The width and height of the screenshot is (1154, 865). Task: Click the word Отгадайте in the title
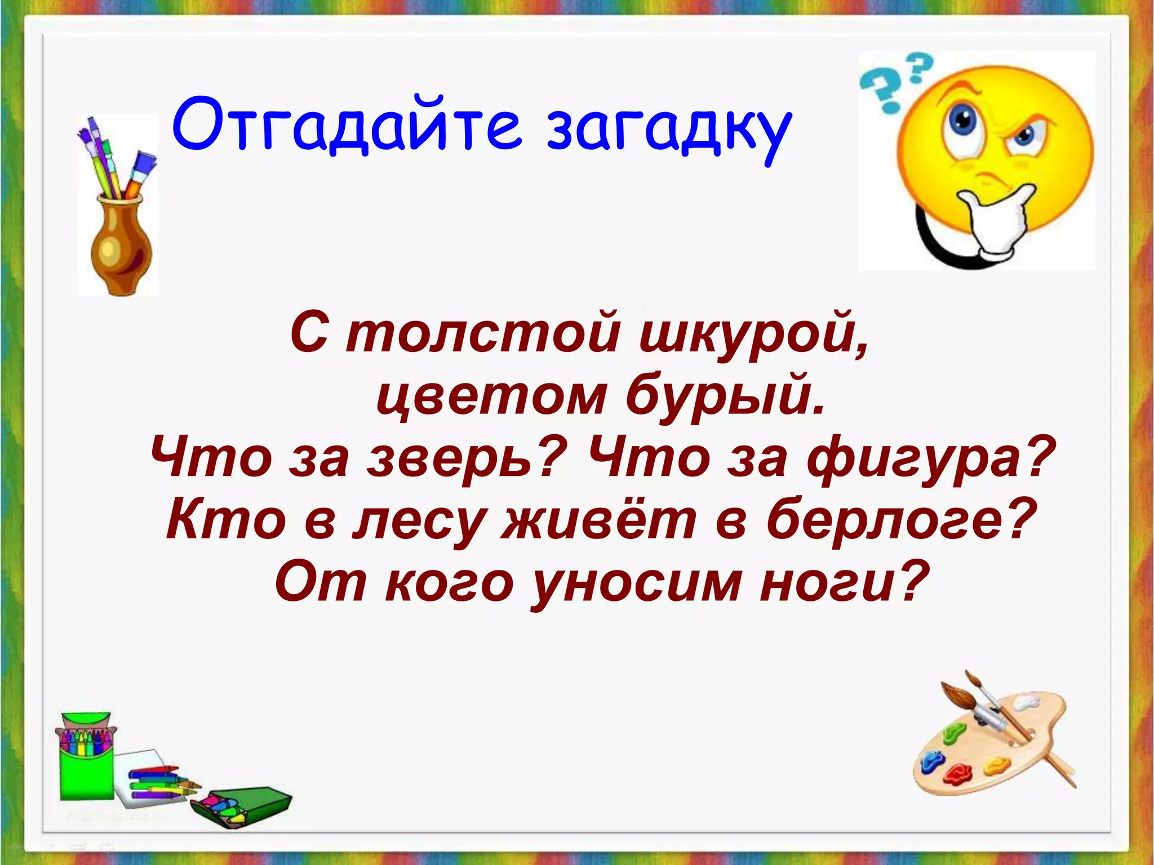(x=347, y=125)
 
